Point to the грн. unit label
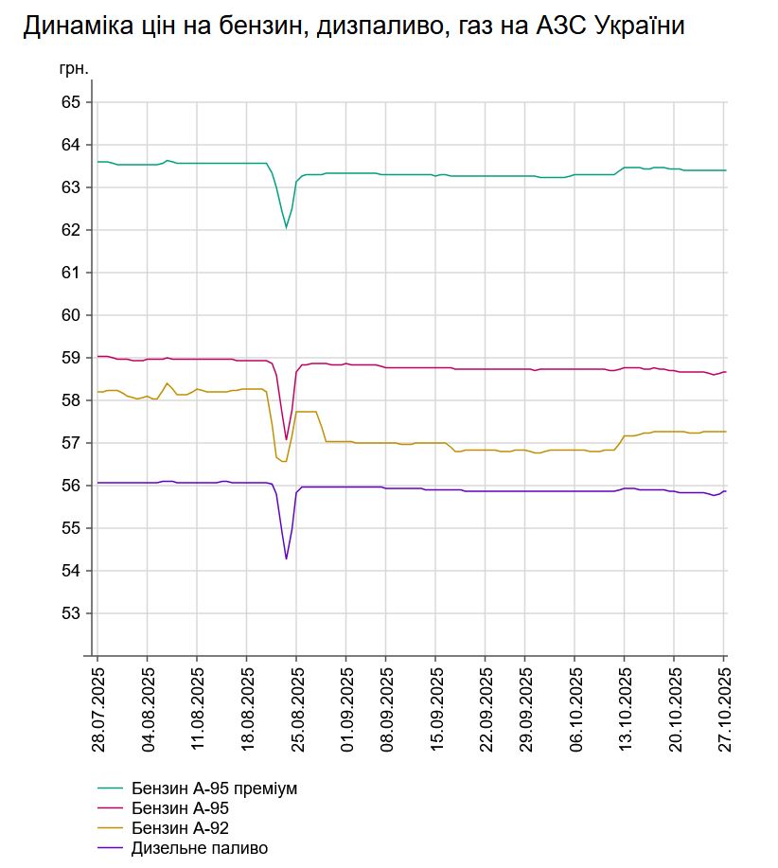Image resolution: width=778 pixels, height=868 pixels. tap(74, 69)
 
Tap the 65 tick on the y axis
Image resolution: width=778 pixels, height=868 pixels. tap(70, 102)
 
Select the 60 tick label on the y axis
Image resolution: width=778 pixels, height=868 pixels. tap(70, 315)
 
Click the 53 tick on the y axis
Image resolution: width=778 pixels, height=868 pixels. tap(70, 613)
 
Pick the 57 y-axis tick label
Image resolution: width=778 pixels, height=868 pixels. tap(70, 443)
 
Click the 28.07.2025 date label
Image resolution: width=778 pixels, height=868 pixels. tap(98, 708)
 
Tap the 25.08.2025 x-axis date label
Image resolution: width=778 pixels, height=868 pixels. tap(296, 708)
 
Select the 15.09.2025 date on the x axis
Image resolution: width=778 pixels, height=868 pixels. tap(435, 708)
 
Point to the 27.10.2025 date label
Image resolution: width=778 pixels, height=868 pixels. tap(724, 708)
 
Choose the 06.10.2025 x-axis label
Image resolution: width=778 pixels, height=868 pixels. tap(575, 708)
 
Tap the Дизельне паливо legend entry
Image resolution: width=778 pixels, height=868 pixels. tap(200, 848)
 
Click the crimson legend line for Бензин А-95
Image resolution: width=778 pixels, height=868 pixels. tap(111, 808)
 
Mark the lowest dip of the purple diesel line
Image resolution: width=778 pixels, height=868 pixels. tap(286, 558)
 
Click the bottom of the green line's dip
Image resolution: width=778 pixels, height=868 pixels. tap(286, 227)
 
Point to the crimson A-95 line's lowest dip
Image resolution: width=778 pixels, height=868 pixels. tap(286, 439)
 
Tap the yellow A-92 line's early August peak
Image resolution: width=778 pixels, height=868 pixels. tap(168, 383)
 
